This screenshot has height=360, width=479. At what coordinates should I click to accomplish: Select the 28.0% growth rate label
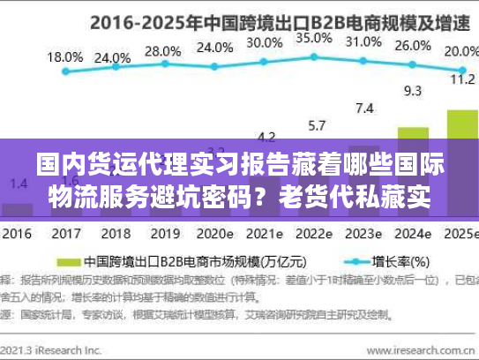coord(161,51)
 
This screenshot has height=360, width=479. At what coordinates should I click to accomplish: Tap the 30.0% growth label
coord(265,42)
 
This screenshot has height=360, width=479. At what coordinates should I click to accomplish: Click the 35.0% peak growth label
coord(314,38)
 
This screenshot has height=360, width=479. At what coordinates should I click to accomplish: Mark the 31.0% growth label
coord(363,41)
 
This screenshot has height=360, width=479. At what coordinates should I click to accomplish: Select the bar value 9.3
coord(412,90)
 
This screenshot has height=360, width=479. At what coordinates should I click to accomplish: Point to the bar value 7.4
coord(363,109)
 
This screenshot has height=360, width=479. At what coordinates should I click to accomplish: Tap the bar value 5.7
coord(315,124)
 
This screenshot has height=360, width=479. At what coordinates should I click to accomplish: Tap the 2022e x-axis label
coord(314,234)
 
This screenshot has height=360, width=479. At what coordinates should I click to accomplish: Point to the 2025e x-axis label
coord(459,234)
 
